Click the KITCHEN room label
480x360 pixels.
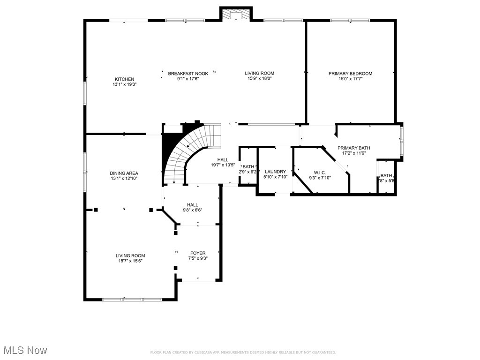point(124,79)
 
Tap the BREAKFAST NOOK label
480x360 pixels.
point(188,73)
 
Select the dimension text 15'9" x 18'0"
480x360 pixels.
point(259,79)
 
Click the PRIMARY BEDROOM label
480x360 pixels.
point(350,73)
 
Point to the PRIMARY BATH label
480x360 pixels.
point(354,147)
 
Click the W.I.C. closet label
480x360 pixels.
point(320,172)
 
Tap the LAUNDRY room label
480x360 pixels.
point(275,172)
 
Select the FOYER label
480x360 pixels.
point(198,253)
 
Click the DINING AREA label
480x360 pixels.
point(124,173)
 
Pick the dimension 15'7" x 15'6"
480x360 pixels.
point(130,261)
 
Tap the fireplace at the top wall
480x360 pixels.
point(236,15)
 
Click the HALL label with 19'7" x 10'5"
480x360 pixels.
point(223,160)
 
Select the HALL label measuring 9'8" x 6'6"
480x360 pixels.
point(193,205)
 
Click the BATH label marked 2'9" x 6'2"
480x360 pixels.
point(248,166)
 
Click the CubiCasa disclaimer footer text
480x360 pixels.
point(242,352)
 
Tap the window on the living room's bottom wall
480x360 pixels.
point(132,299)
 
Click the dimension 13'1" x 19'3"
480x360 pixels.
point(124,84)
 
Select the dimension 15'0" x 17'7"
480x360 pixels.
point(350,79)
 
